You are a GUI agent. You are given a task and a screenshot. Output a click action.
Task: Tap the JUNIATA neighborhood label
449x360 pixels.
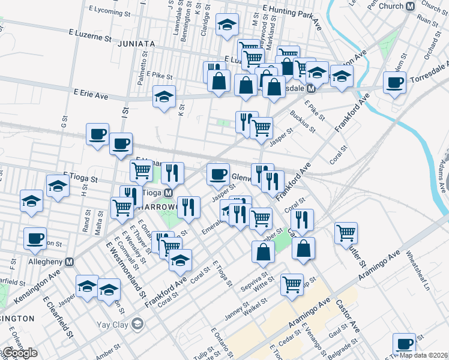click(x=136, y=44)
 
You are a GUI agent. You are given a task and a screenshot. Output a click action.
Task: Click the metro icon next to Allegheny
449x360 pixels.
click(x=70, y=262)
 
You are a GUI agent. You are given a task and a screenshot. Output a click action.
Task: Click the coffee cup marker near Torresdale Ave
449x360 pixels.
click(x=394, y=83)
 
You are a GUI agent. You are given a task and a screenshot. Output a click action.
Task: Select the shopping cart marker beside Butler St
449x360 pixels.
click(x=346, y=233)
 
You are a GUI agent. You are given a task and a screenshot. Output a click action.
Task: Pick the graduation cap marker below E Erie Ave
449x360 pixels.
click(x=164, y=97)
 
